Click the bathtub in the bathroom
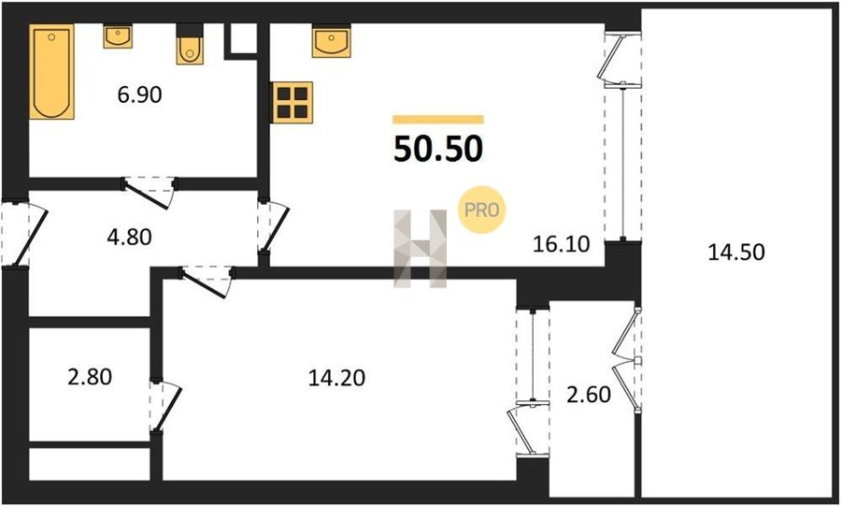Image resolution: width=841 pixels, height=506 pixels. pyautogui.click(x=51, y=71)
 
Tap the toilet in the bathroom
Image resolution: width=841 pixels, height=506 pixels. pyautogui.click(x=190, y=47)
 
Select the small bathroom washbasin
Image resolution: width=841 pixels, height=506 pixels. pyautogui.click(x=118, y=36)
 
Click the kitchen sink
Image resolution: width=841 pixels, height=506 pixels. pyautogui.click(x=332, y=41)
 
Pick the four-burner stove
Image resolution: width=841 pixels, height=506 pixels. pyautogui.click(x=292, y=102)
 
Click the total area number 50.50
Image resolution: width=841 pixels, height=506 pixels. pyautogui.click(x=438, y=149)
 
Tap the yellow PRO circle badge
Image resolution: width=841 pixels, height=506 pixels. pyautogui.click(x=481, y=210)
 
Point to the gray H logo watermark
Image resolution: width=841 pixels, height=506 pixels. pyautogui.click(x=420, y=249)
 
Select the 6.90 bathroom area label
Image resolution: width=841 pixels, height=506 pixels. pyautogui.click(x=139, y=95)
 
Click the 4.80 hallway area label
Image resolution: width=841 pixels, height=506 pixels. pyautogui.click(x=129, y=237)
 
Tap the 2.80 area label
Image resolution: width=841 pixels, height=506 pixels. pyautogui.click(x=90, y=377)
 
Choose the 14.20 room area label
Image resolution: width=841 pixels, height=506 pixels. pyautogui.click(x=336, y=378)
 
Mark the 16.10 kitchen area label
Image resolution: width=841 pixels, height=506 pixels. pyautogui.click(x=562, y=245)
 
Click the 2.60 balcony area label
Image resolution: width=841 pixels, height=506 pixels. pyautogui.click(x=589, y=395)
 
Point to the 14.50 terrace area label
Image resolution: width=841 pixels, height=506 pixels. pyautogui.click(x=736, y=253)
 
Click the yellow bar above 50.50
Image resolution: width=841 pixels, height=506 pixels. pyautogui.click(x=438, y=120)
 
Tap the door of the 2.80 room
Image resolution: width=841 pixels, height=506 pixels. pyautogui.click(x=165, y=405)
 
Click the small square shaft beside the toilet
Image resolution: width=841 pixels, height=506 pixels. pyautogui.click(x=244, y=38)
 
